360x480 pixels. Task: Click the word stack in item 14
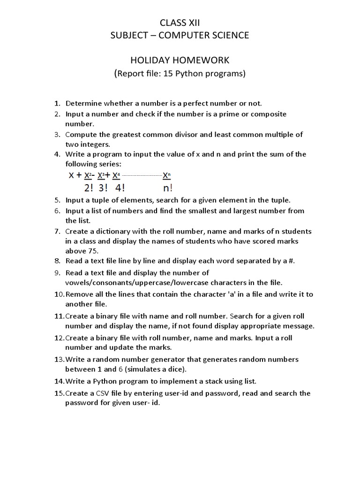tap(204, 382)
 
